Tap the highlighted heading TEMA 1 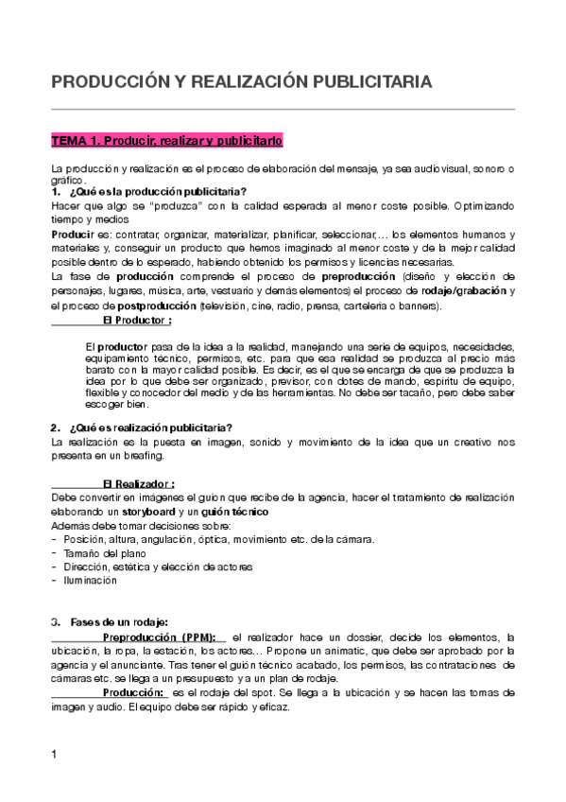166,141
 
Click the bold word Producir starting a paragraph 72,233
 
